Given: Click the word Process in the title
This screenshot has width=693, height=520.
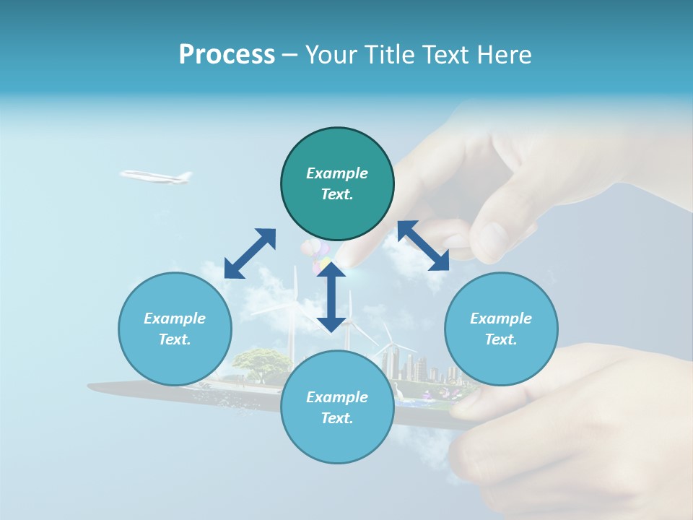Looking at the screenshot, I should (x=227, y=55).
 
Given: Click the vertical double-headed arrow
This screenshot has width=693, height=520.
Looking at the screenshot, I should (x=331, y=296).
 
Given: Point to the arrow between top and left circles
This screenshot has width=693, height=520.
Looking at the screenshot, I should (x=250, y=253).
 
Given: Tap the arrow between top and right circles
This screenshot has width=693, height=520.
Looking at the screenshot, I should (x=423, y=246).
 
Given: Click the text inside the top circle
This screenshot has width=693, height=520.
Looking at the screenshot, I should (x=337, y=183).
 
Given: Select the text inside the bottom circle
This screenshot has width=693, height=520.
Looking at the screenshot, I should (x=337, y=407).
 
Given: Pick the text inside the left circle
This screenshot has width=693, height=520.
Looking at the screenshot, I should (x=175, y=329).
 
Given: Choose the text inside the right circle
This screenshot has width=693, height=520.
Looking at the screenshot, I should (x=501, y=329).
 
